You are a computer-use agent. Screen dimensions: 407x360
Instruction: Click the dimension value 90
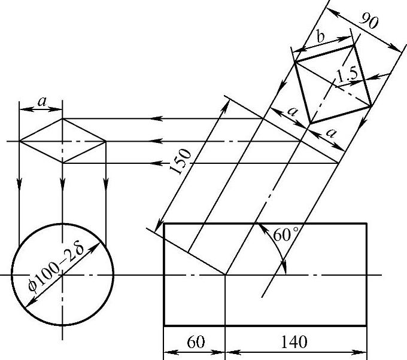tap(369, 20)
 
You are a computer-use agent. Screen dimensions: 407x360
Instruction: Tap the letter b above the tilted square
tap(321, 36)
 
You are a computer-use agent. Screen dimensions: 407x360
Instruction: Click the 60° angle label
tap(286, 235)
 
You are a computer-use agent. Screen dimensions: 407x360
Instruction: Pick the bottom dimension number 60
tap(196, 342)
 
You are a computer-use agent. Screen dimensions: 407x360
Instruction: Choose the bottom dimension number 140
tap(294, 342)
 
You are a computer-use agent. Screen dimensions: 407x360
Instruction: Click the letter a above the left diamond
tap(41, 102)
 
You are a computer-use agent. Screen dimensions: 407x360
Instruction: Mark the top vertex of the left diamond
tap(62, 119)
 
